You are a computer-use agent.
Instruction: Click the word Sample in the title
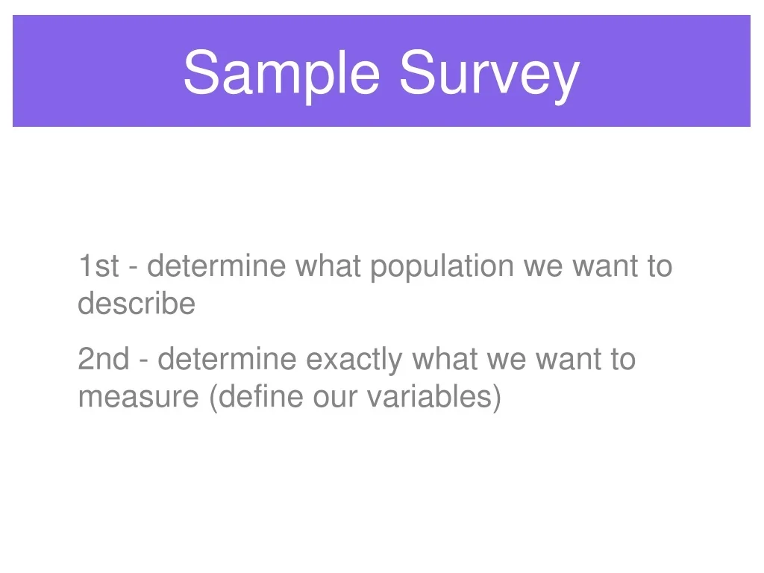(x=281, y=73)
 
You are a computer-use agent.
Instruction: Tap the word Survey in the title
(x=489, y=75)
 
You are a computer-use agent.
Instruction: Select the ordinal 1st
(x=98, y=266)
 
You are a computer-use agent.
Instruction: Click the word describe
(x=137, y=303)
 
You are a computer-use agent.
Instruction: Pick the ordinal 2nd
(x=104, y=359)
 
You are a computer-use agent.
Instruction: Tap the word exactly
(x=354, y=361)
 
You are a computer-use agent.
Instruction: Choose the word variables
(x=429, y=396)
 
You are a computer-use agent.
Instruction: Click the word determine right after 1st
(x=216, y=266)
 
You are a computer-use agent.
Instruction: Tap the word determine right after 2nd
(x=227, y=359)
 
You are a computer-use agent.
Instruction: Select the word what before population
(x=328, y=266)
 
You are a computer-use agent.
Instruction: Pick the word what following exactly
(x=445, y=359)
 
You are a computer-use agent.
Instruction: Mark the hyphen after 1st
(x=133, y=269)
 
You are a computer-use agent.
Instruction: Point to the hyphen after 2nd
(x=144, y=362)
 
